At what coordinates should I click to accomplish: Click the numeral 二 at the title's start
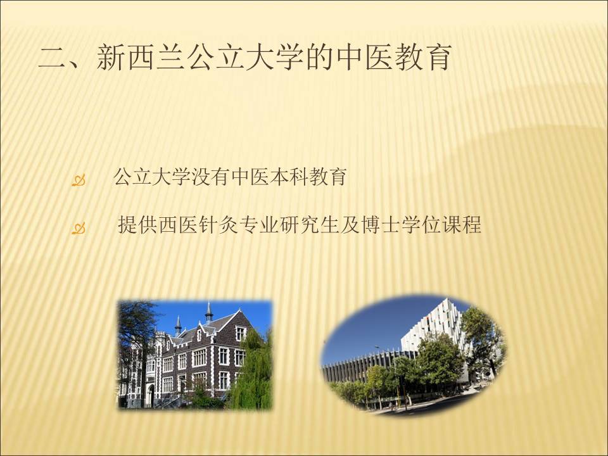tap(53, 58)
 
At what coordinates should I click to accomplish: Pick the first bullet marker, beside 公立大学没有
tap(79, 180)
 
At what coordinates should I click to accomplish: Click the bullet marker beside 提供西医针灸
tap(79, 229)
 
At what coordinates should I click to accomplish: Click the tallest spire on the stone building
tap(209, 312)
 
